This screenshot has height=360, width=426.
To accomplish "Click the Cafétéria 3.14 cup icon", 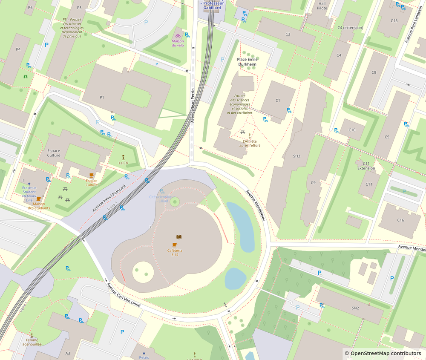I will point(175,245).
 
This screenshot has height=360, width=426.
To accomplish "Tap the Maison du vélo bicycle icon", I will point(178,35).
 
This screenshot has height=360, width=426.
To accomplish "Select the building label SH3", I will point(296,156).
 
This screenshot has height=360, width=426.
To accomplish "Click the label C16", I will point(400,220).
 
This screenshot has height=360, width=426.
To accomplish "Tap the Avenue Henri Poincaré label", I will point(109,199).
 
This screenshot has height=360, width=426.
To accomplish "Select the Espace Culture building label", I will point(54,153).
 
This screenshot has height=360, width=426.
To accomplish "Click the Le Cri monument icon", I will point(123,157).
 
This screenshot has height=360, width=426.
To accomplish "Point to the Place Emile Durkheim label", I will point(248,62).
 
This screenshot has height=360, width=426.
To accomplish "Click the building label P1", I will point(102,98).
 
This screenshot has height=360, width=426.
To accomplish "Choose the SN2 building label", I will point(355,308).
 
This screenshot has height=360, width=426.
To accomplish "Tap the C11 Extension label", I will point(366,166).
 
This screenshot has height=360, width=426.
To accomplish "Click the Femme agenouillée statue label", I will point(32,342).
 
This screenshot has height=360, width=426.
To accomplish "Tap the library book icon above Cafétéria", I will point(179,237).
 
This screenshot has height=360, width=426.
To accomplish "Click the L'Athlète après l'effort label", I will point(250,143).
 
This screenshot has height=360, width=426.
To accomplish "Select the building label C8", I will point(374,72).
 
